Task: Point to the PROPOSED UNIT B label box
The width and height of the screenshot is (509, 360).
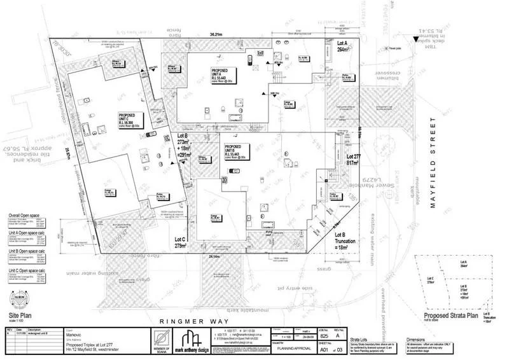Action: (x=237, y=153)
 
